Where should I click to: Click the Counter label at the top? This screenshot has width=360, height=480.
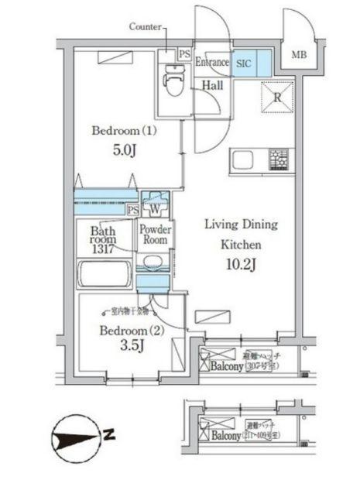click(x=146, y=26)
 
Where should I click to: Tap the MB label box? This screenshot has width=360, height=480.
click(x=298, y=54)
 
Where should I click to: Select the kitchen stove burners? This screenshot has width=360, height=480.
click(x=277, y=159)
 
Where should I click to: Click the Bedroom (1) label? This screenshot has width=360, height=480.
click(x=124, y=131)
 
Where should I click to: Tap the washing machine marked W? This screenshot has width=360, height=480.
click(x=155, y=208)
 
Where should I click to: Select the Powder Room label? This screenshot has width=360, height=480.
click(x=154, y=235)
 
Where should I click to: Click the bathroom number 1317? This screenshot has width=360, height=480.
click(x=102, y=249)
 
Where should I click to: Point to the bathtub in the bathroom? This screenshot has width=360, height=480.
click(x=107, y=276)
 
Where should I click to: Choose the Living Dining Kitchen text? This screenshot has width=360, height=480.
click(x=241, y=234)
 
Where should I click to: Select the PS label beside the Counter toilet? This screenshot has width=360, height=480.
click(x=183, y=55)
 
